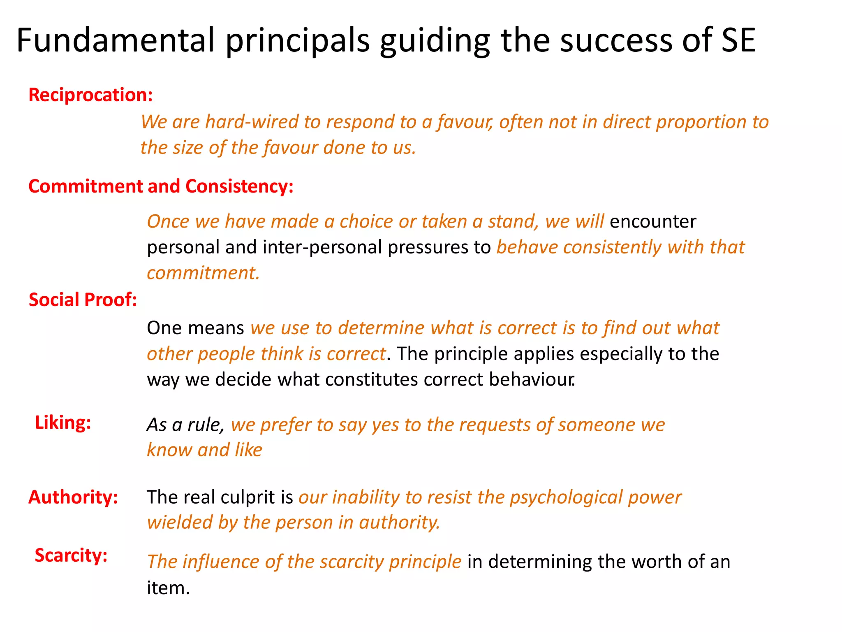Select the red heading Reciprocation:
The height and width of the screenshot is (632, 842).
[x=90, y=95]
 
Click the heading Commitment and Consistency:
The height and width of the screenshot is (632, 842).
[x=161, y=186]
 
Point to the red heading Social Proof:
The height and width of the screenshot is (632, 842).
[x=83, y=300]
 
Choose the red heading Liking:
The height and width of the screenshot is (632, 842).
[x=63, y=423]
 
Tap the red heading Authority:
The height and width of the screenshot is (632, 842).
[x=73, y=497]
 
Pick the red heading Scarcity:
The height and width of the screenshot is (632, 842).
[x=71, y=555]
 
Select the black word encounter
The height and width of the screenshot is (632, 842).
[x=653, y=222]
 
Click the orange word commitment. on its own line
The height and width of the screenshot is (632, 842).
[x=204, y=273]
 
